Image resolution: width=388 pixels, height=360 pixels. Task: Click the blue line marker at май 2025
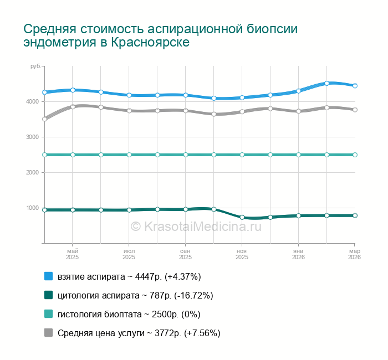point(73,90)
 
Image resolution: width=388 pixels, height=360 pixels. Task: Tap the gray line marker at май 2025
point(73,106)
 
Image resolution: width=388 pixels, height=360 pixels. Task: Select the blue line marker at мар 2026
point(355,86)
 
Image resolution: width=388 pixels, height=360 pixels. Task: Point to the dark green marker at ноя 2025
point(242,217)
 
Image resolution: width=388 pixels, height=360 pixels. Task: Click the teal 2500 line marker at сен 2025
point(186,155)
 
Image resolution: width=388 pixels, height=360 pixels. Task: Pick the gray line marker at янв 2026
point(298,111)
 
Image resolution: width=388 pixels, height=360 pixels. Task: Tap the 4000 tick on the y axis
point(32,102)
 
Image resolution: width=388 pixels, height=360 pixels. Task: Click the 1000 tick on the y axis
point(32,208)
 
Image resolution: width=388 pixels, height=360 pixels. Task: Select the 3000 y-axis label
point(32,137)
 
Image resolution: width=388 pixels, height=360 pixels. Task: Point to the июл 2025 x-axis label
point(129,254)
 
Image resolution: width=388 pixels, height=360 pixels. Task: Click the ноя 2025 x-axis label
point(242,254)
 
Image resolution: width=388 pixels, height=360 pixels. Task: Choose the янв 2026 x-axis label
point(298,254)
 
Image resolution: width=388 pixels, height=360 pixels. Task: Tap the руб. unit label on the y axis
point(35,66)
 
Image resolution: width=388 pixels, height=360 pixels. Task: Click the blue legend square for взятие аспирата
point(48,276)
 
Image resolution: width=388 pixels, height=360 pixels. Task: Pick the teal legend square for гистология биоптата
point(48,314)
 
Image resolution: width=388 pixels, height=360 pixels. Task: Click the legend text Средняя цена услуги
point(99,333)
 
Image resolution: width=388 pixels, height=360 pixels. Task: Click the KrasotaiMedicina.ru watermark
point(195,226)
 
